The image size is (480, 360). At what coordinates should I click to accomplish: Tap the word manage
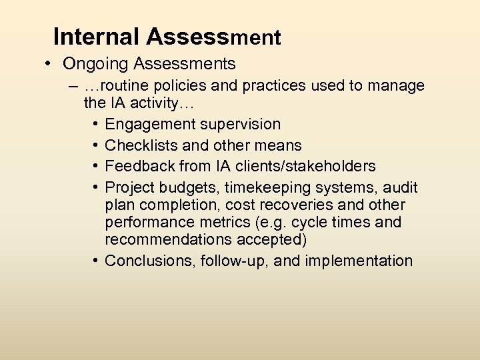[x=396, y=86]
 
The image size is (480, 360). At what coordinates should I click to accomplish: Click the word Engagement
[x=147, y=125]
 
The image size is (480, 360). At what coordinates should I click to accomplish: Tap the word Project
[x=129, y=187]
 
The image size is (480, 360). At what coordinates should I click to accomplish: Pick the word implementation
[x=359, y=261]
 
